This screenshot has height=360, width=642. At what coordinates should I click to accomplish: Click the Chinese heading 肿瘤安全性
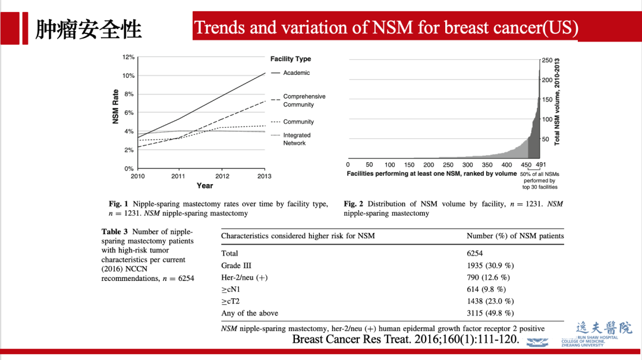pyautogui.click(x=89, y=29)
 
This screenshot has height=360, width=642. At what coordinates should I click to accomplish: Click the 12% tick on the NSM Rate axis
pyautogui.click(x=128, y=58)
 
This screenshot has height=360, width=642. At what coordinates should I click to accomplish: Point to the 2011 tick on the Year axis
pyautogui.click(x=178, y=176)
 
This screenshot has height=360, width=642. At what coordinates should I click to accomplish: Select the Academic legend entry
pyautogui.click(x=296, y=73)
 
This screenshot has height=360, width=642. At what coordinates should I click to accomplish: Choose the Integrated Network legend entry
pyautogui.click(x=296, y=139)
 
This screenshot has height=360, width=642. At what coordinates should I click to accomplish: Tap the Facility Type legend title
pyautogui.click(x=290, y=59)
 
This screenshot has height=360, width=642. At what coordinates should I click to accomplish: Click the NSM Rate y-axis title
pyautogui.click(x=115, y=107)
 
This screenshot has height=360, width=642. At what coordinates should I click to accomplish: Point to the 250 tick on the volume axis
pyautogui.click(x=547, y=61)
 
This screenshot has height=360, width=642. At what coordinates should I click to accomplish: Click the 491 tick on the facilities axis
pyautogui.click(x=540, y=165)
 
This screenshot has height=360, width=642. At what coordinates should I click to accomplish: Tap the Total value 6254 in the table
pyautogui.click(x=475, y=254)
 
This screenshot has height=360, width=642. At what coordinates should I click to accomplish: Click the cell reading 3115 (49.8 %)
pyautogui.click(x=490, y=313)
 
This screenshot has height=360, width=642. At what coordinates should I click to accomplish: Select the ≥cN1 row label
pyautogui.click(x=230, y=289)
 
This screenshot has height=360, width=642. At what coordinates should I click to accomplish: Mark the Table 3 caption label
pyautogui.click(x=116, y=232)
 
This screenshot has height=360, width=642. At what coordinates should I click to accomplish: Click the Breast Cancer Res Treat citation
pyautogui.click(x=406, y=339)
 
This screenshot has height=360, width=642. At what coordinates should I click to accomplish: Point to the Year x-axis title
pyautogui.click(x=205, y=186)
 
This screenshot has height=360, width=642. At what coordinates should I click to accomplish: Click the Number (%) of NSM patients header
pyautogui.click(x=515, y=236)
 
